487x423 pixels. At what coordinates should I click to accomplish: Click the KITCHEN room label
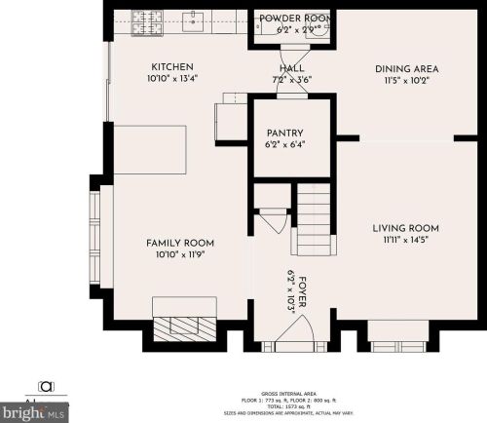tap(168, 66)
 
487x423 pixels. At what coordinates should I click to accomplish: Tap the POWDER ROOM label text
tap(293, 19)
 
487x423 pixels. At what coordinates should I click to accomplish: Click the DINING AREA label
tap(407, 69)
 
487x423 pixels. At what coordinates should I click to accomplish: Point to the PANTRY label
tap(286, 133)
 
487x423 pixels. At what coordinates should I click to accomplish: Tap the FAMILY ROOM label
tap(180, 243)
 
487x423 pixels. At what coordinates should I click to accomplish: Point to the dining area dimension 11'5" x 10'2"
tap(407, 81)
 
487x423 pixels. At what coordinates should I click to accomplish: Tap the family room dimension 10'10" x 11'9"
tap(180, 254)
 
